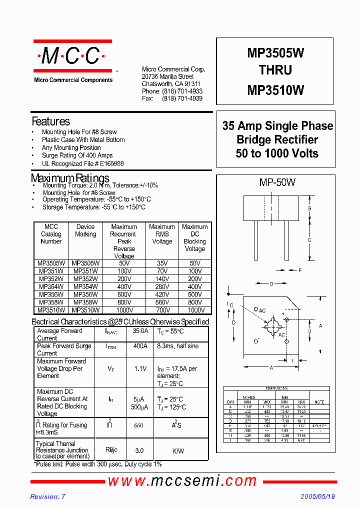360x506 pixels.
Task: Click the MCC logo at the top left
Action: [72, 57]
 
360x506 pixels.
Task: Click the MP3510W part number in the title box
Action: [275, 90]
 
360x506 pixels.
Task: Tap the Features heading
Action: [50, 121]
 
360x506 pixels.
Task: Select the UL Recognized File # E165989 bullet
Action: [82, 163]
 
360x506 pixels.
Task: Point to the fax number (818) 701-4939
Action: [182, 99]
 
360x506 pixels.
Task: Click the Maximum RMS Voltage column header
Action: [161, 234]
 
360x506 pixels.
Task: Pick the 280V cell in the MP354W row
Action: [161, 286]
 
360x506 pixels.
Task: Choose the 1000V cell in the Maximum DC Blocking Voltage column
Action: [194, 310]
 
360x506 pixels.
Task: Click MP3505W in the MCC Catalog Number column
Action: [50, 263]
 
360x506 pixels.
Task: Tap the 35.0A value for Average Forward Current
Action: [140, 331]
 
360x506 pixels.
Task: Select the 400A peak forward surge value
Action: [140, 346]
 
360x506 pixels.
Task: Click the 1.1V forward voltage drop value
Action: [140, 368]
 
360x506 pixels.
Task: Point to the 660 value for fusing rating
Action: [139, 425]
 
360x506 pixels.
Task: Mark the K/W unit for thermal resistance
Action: [178, 451]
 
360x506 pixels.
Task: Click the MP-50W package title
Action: [277, 183]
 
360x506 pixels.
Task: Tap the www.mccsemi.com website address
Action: [182, 481]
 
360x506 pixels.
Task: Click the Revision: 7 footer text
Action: [47, 497]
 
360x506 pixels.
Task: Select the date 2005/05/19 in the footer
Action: [317, 497]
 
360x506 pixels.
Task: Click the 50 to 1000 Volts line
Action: [277, 153]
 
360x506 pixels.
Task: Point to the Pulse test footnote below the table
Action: [97, 464]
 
